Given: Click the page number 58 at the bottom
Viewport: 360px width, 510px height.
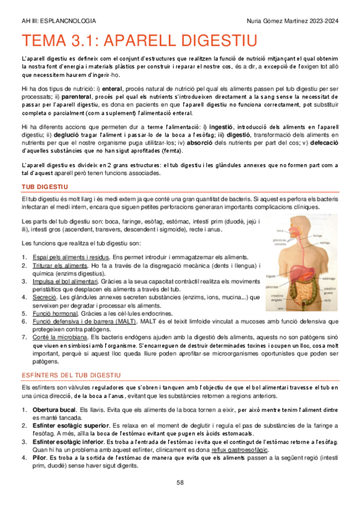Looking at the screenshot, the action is (180, 482).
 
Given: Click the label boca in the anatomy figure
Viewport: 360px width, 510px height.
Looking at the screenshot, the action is (280, 231).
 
